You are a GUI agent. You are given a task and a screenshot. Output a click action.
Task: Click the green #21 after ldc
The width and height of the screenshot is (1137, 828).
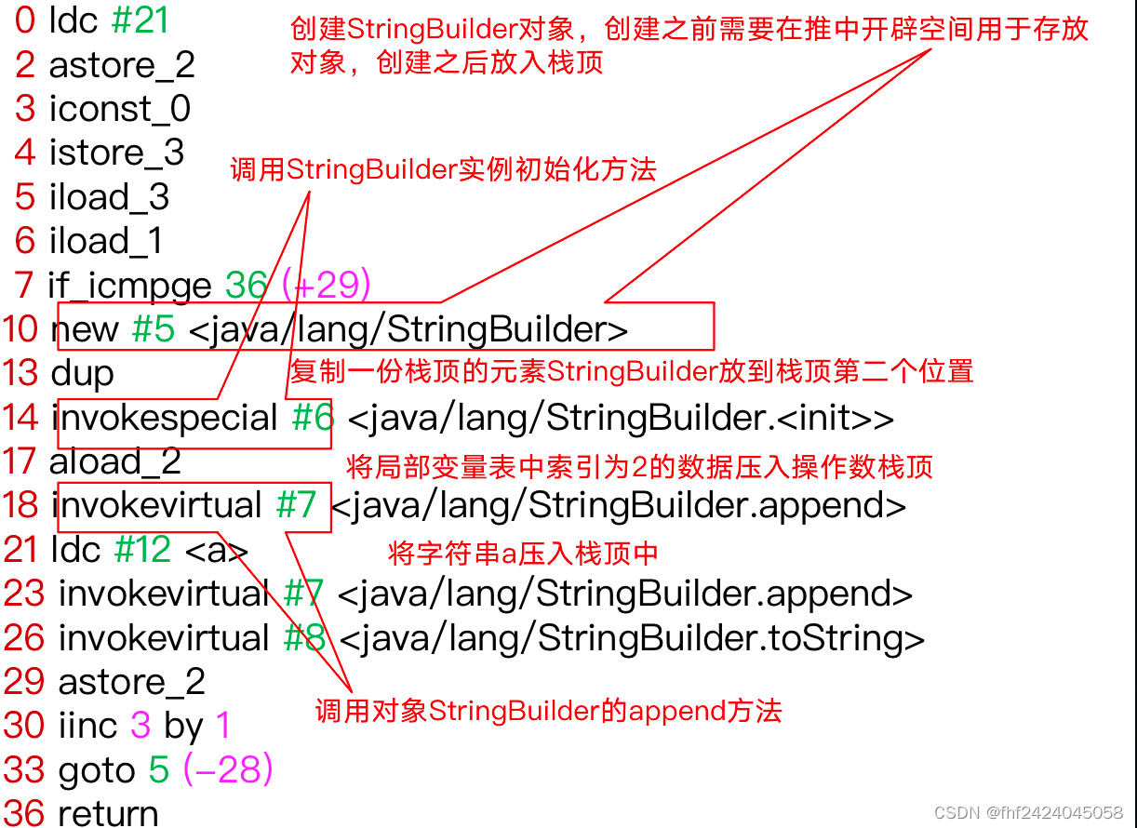[140, 20]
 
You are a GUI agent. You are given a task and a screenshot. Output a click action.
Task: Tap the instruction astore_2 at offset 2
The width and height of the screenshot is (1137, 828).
[122, 65]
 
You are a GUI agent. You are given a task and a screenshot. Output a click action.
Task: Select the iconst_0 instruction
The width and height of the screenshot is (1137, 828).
[120, 109]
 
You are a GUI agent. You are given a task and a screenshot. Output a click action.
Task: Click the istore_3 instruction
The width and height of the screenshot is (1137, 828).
[116, 153]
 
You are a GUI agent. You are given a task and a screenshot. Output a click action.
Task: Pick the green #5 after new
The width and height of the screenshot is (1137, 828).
[153, 329]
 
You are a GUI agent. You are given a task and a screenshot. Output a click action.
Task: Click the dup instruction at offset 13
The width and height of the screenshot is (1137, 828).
[82, 373]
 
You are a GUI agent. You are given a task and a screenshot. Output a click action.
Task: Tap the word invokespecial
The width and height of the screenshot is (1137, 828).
[165, 418]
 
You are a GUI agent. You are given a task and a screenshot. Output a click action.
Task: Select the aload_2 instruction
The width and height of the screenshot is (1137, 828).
[115, 461]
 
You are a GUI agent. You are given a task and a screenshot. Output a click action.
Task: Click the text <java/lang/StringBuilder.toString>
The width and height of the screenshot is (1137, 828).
[632, 638]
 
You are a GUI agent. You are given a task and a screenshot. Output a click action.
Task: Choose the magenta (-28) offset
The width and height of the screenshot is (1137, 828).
[228, 770]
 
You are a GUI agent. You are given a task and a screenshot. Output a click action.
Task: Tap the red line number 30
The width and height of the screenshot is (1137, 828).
[24, 727]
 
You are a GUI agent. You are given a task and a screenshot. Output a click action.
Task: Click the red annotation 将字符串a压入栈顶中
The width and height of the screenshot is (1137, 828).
[523, 554]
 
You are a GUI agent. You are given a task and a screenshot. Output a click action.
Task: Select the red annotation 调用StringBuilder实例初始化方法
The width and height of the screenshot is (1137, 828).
[443, 169]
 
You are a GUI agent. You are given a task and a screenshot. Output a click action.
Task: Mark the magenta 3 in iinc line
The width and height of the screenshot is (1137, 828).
[140, 727]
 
